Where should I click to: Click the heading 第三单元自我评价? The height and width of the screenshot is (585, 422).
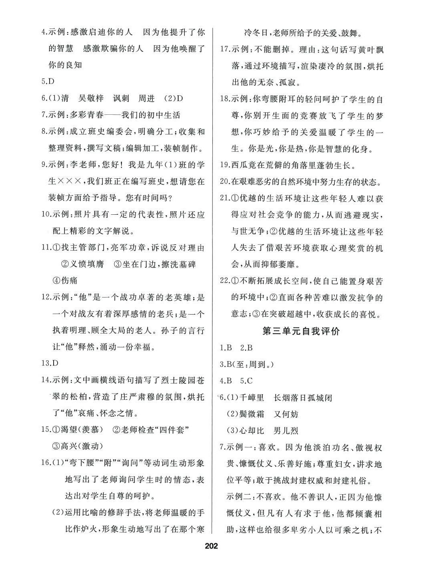[300, 331]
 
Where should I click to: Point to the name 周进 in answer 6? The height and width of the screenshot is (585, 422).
[146, 98]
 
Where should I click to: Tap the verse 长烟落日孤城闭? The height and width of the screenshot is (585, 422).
[303, 398]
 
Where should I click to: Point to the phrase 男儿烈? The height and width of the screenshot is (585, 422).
[286, 431]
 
